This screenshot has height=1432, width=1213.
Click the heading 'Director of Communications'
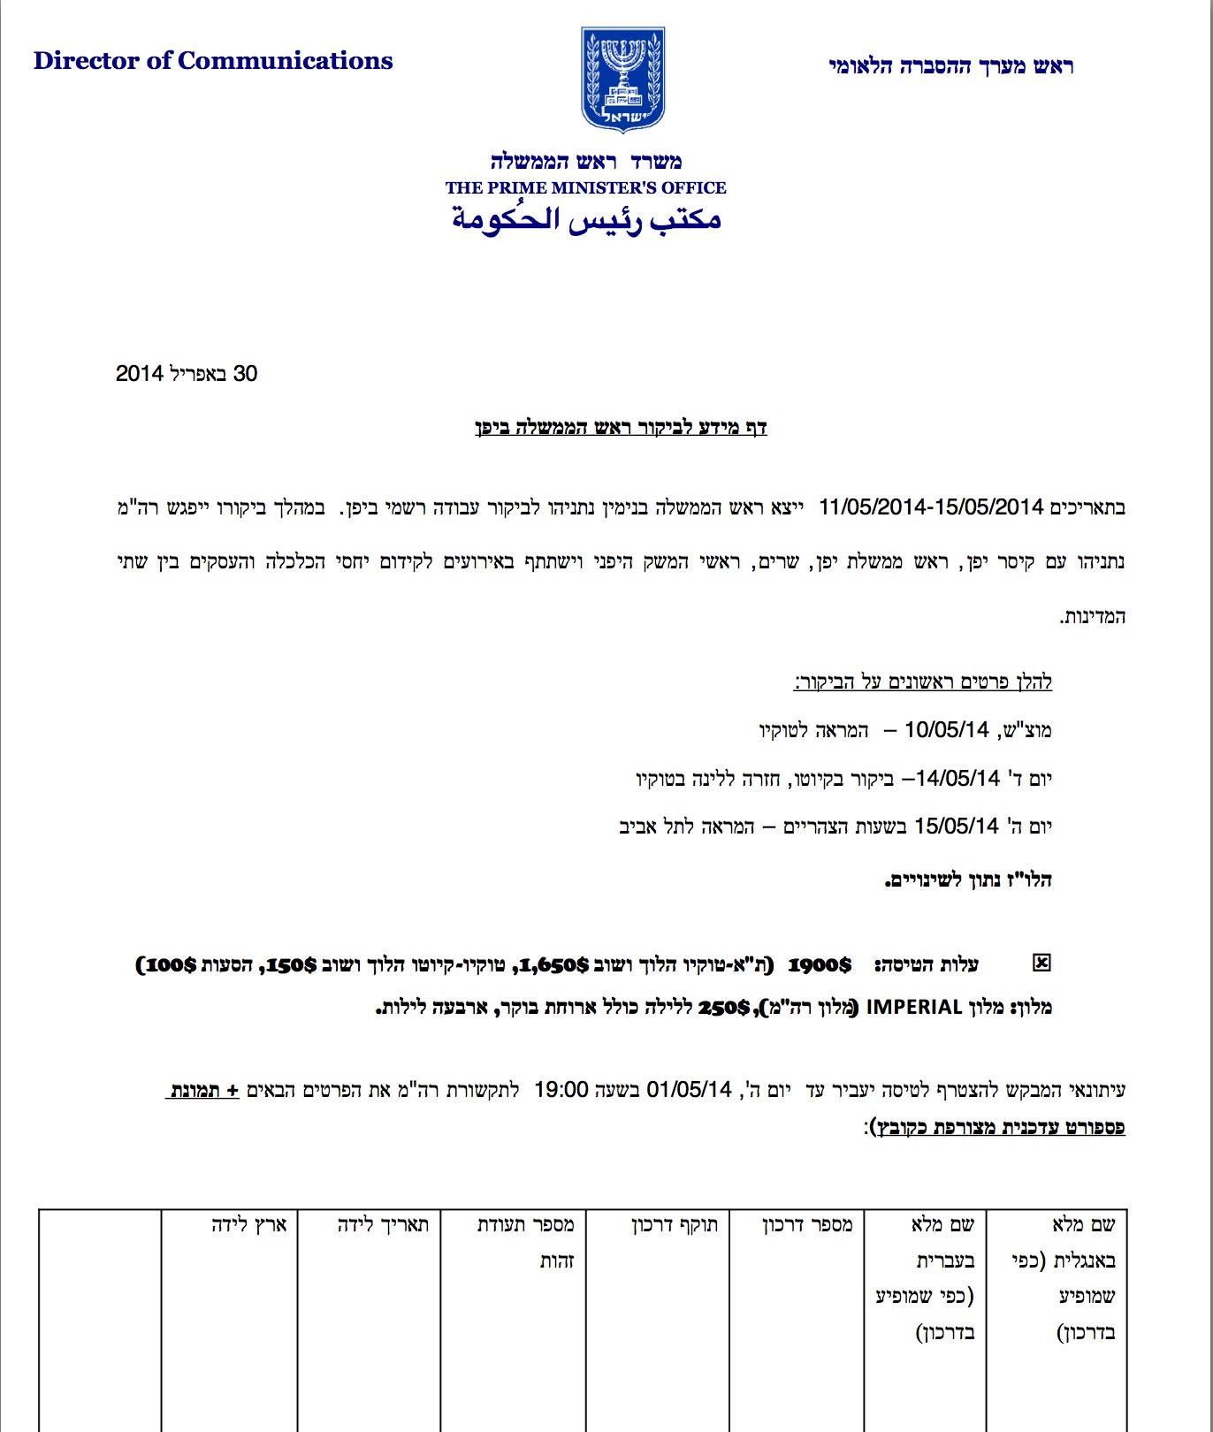coord(213,61)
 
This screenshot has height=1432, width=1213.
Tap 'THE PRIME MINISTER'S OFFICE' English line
coord(585,187)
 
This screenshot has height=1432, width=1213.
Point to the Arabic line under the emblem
coord(586,218)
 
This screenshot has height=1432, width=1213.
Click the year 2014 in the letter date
coord(140,374)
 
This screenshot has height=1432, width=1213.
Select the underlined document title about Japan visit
coord(621,428)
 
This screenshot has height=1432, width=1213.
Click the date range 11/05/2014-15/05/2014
coord(931,507)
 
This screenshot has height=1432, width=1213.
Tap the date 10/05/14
coord(946,730)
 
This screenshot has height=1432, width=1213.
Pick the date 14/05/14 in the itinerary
coord(957,779)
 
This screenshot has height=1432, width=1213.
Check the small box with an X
coord(1042,963)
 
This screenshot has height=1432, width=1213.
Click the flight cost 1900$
coord(820,964)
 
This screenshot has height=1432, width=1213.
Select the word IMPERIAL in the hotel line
coord(913,1007)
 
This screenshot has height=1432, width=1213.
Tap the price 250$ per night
coord(724,1007)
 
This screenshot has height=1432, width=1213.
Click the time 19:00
coord(561,1090)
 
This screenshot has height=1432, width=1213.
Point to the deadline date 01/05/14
coord(689,1090)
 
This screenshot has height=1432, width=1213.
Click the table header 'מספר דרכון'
coord(807,1225)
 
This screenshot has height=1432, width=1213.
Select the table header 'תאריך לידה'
coord(383,1225)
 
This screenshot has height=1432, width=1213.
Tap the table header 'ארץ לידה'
coord(248,1225)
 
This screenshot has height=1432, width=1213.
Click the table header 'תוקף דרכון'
coord(675,1225)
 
